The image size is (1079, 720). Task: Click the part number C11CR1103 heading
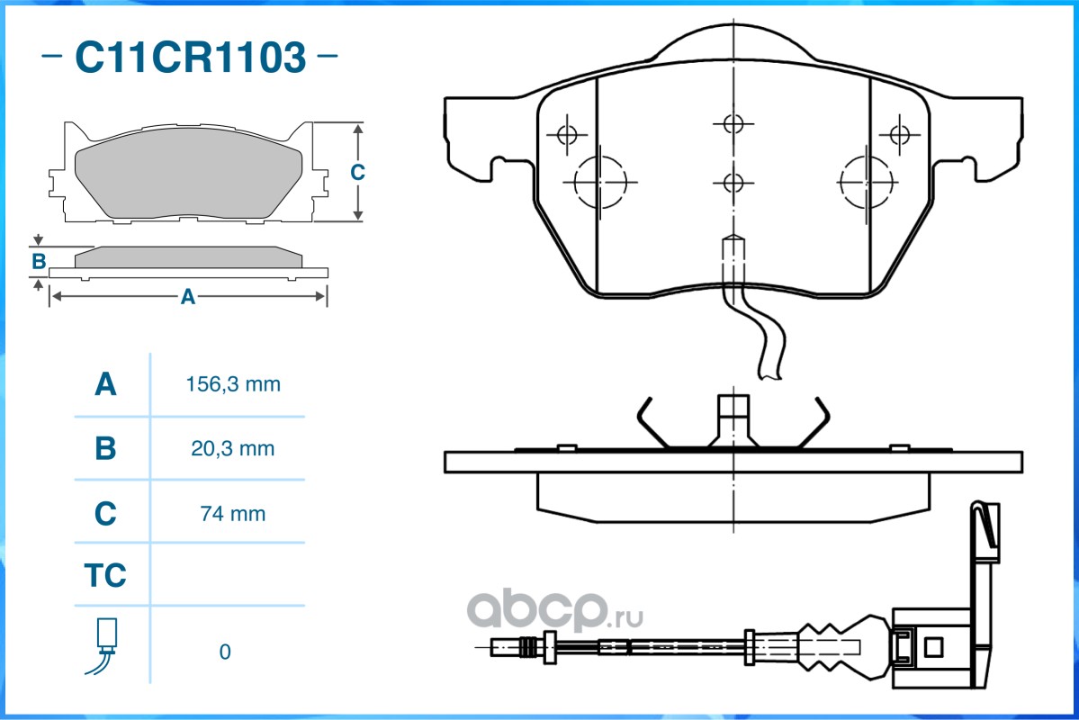pyautogui.click(x=190, y=57)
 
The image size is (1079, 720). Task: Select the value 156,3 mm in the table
pyautogui.click(x=233, y=384)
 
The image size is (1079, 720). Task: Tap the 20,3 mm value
pyautogui.click(x=232, y=449)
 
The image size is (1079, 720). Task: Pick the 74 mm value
pyautogui.click(x=232, y=514)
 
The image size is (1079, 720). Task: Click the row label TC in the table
pyautogui.click(x=105, y=575)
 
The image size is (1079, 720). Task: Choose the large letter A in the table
pyautogui.click(x=105, y=384)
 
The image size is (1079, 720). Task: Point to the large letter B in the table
pyautogui.click(x=105, y=449)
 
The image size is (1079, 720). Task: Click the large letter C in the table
pyautogui.click(x=105, y=514)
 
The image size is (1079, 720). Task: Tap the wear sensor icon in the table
pyautogui.click(x=103, y=646)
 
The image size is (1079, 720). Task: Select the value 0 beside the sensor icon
pyautogui.click(x=225, y=652)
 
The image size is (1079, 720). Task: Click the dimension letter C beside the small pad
pyautogui.click(x=357, y=172)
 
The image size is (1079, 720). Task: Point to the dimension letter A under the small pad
pyautogui.click(x=188, y=297)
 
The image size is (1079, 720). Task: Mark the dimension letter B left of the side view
pyautogui.click(x=39, y=262)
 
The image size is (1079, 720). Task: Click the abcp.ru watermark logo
pyautogui.click(x=554, y=610)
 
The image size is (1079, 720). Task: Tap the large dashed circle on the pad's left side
pyautogui.click(x=601, y=183)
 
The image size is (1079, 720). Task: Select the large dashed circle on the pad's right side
pyautogui.click(x=867, y=183)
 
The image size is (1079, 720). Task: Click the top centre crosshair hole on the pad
pyautogui.click(x=733, y=124)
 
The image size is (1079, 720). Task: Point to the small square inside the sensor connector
pyautogui.click(x=933, y=647)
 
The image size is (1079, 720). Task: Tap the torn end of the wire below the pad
pyautogui.click(x=770, y=375)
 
